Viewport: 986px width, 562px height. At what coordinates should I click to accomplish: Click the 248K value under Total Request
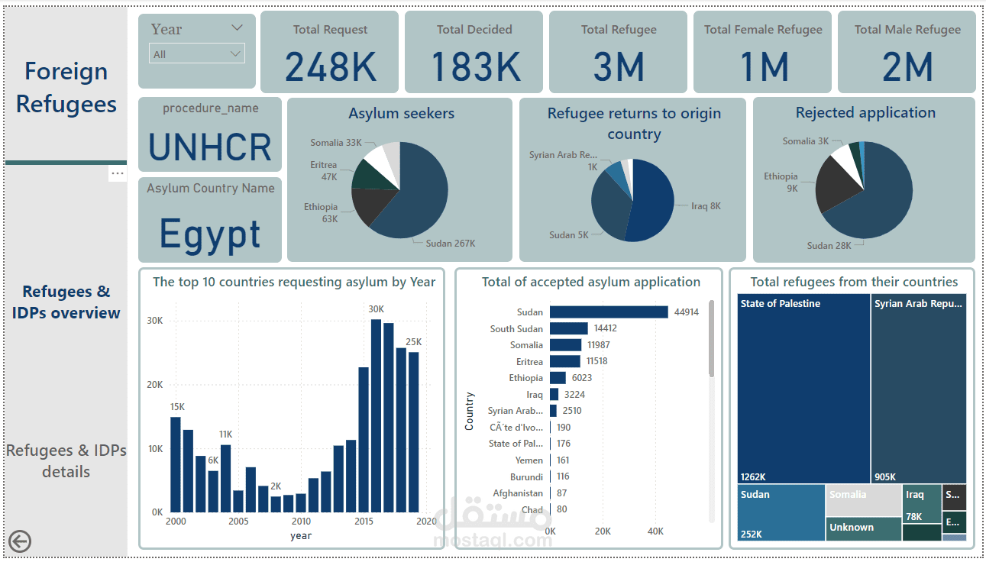click(330, 66)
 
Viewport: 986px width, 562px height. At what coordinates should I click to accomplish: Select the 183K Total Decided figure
click(475, 66)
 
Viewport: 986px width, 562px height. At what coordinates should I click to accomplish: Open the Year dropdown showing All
click(197, 54)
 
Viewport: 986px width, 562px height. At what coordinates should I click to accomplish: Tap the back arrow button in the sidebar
click(19, 541)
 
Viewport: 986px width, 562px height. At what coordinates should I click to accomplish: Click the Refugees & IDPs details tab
click(66, 460)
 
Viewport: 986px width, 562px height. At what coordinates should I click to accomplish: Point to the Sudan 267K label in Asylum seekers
click(451, 244)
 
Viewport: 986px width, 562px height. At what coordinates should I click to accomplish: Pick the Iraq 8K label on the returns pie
click(706, 206)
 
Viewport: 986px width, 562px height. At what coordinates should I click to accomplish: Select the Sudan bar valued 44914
click(609, 312)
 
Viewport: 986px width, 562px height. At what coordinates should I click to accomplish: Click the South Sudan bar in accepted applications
click(568, 328)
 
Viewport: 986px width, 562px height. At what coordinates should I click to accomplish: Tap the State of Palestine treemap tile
click(803, 388)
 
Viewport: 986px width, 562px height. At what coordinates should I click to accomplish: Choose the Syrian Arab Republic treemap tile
click(918, 388)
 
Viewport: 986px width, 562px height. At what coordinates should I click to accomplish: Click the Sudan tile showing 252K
click(781, 513)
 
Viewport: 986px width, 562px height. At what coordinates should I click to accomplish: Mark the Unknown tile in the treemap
click(863, 528)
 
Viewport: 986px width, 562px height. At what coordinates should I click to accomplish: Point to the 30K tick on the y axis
click(155, 321)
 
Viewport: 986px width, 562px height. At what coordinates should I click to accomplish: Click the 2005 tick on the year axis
click(238, 522)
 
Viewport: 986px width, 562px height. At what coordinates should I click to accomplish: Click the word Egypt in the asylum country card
click(210, 234)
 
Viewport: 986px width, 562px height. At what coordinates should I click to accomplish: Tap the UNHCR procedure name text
click(210, 147)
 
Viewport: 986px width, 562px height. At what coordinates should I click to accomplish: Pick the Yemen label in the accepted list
click(529, 460)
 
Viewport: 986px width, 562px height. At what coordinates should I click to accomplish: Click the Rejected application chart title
click(865, 113)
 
